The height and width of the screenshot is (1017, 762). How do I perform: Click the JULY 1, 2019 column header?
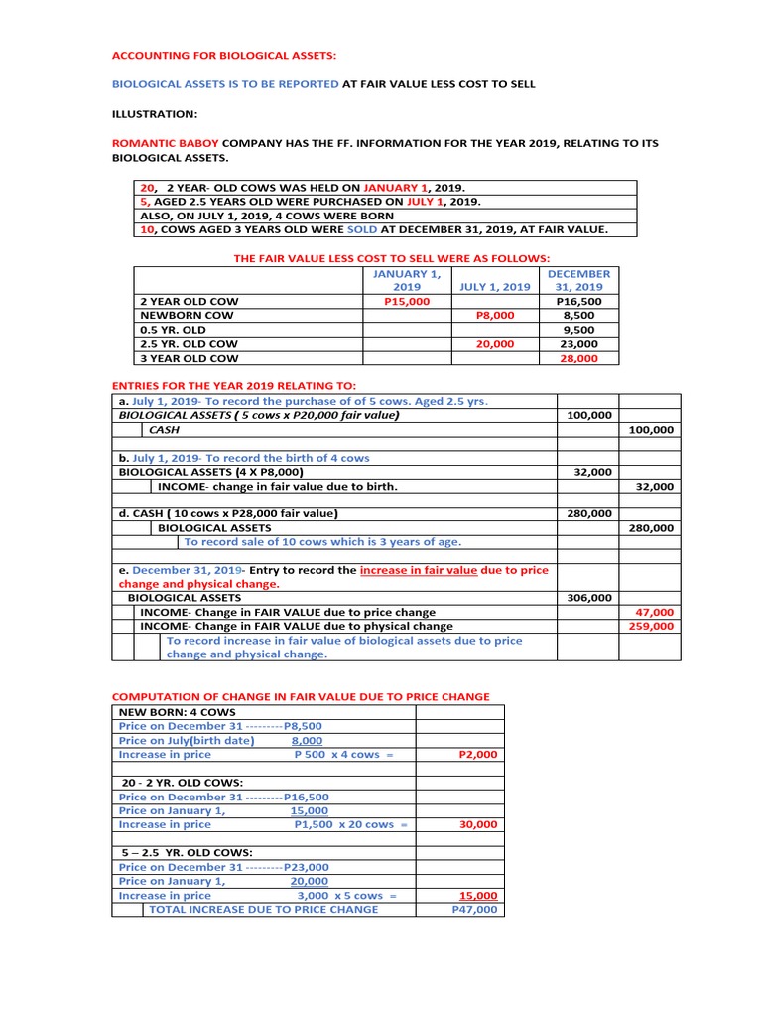pos(495,287)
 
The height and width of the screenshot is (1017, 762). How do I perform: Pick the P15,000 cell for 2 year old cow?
pos(407,301)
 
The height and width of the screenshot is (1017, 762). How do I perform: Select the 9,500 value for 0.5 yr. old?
pos(578,329)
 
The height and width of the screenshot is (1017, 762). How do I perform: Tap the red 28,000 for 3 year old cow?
pos(578,358)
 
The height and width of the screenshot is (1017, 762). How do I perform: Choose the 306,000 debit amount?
pos(588,598)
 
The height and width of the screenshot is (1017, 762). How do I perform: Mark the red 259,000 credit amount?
pos(653,626)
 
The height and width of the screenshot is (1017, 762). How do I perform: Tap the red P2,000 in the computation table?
pos(477,755)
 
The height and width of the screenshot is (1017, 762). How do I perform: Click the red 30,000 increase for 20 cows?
pos(478,824)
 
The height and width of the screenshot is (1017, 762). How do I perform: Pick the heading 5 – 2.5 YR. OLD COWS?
pos(186,852)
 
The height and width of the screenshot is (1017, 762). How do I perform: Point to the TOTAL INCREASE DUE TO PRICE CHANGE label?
pos(262,909)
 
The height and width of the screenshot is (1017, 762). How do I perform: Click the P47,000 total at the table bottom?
pos(474,909)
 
